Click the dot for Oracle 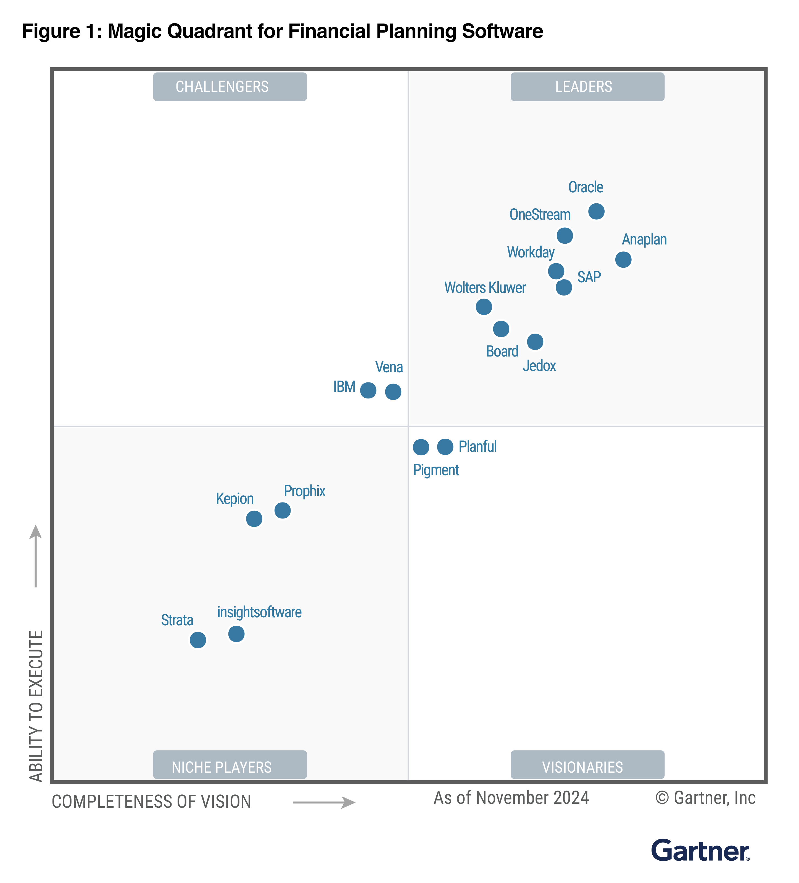tap(596, 212)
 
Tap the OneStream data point tap(565, 236)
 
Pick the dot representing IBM tap(368, 390)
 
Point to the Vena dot tap(393, 392)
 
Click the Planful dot tap(445, 447)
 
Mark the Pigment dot tap(421, 447)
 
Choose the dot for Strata tap(198, 640)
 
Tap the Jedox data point tap(535, 342)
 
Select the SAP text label tap(589, 277)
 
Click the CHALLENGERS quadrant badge tap(230, 87)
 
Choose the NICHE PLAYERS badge tap(230, 767)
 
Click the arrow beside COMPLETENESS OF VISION tap(324, 802)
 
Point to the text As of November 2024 tap(511, 798)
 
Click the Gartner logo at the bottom tap(700, 851)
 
